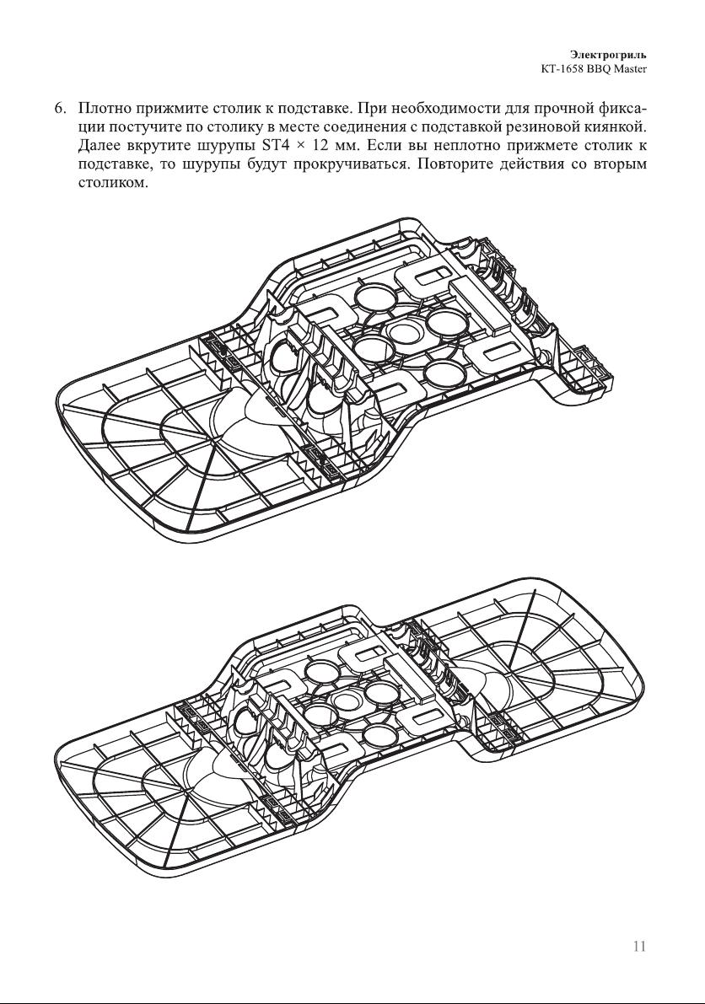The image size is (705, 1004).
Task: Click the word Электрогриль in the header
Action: coord(608,55)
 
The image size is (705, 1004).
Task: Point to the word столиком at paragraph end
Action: coord(113,183)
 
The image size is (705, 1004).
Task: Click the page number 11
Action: coord(638,947)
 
